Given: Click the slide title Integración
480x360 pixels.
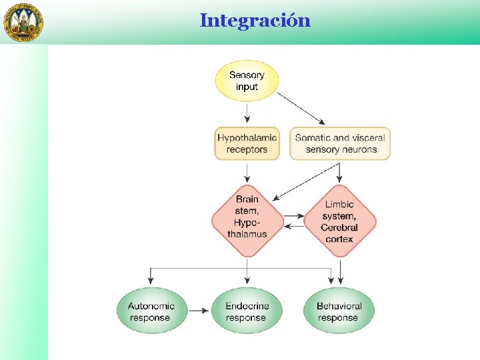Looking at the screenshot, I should pos(255,21).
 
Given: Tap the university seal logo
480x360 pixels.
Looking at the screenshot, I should pos(25,22).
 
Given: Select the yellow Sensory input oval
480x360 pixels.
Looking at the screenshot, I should pos(247,81).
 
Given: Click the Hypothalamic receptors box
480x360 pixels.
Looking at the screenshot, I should pos(247,143).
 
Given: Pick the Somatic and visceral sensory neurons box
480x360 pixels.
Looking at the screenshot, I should pos(340,143).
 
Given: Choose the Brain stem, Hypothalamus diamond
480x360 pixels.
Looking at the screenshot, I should pos(247,217).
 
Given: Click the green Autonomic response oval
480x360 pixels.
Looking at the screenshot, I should pos(152,311).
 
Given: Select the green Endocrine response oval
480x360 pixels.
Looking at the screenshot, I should pos(247,311).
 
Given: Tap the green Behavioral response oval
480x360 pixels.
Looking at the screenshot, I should pos(339,311).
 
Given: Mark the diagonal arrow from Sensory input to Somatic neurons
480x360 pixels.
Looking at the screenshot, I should pos(301,108).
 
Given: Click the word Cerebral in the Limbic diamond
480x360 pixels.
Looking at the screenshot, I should pos(339,227).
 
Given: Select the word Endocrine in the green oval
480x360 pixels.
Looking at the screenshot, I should pos(247,306).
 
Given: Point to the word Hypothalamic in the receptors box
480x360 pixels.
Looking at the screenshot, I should pos(247,138).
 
